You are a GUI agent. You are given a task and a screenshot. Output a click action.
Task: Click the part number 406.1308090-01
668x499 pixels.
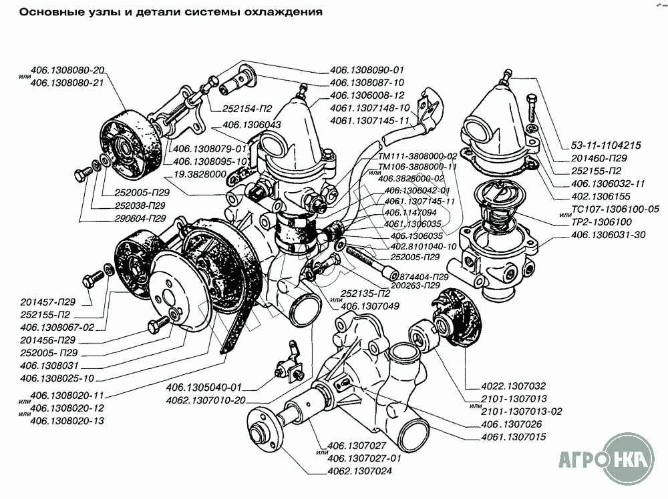(x=367, y=70)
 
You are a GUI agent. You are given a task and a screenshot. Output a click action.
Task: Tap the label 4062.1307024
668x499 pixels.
(x=361, y=472)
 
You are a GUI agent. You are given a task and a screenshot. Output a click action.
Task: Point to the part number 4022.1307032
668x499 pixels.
(x=514, y=385)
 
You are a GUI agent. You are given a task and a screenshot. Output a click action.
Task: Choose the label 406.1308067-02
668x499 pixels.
(x=57, y=328)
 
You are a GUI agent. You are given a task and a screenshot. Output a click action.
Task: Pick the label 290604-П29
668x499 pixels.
(x=131, y=218)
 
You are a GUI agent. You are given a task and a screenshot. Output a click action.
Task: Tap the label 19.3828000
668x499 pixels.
(x=198, y=173)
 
